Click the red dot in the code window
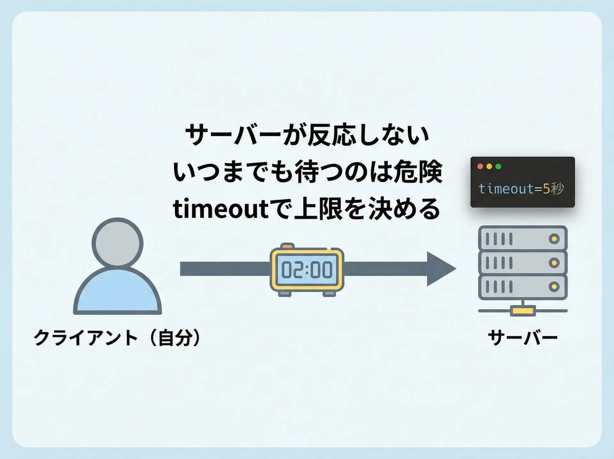480,166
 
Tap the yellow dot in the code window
489,166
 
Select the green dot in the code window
498,166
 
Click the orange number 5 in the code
546,189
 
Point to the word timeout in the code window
506,189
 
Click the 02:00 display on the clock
307,270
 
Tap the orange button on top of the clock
287,246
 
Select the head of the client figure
117,243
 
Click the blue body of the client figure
117,292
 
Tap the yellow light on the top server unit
554,239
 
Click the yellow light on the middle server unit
554,263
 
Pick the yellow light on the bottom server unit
554,286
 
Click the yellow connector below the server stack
523,310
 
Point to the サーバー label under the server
523,338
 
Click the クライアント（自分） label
117,338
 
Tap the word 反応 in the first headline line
332,135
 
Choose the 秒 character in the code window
557,189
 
